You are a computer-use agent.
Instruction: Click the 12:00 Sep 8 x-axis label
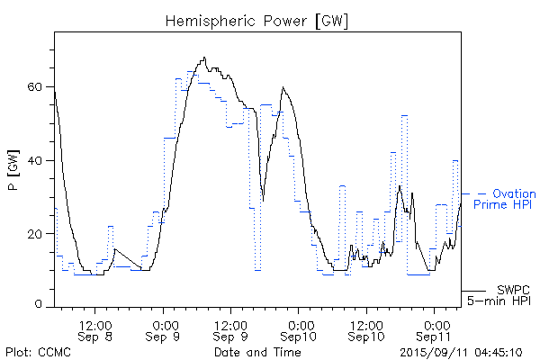tap(95, 329)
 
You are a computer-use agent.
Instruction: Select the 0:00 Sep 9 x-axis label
tap(164, 329)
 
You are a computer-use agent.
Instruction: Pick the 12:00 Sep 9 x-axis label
tap(231, 329)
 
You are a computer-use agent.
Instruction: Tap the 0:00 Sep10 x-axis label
tap(300, 329)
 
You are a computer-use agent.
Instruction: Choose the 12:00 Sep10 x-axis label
tap(367, 329)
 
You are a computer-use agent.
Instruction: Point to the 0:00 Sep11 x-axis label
tap(436, 329)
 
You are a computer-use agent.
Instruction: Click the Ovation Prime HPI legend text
tap(504, 200)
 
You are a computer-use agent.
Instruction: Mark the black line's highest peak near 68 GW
tap(205, 58)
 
